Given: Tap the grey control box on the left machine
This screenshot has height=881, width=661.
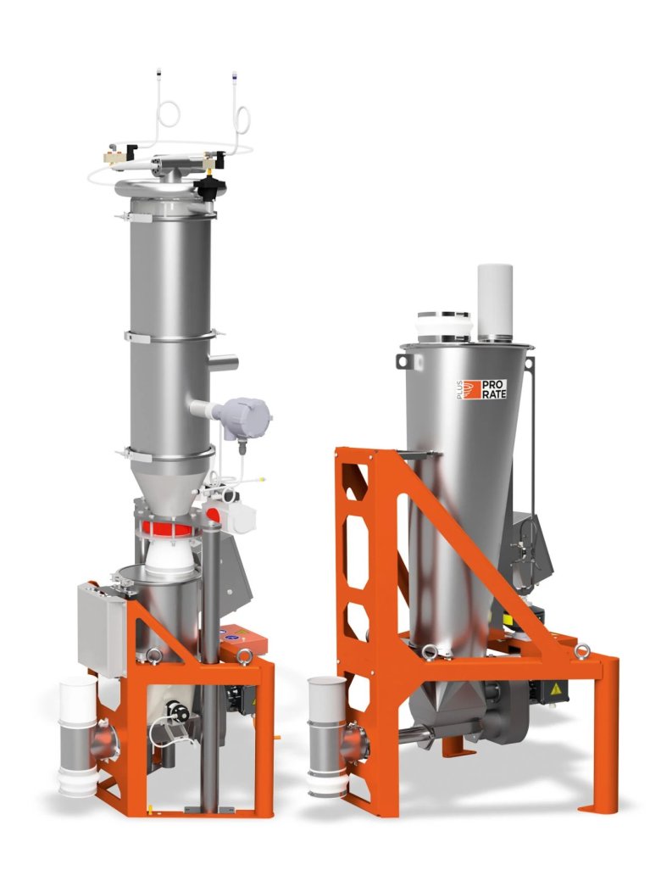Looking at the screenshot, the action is pos(102,628).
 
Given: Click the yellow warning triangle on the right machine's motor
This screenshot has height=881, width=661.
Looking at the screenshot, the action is pos(557,689).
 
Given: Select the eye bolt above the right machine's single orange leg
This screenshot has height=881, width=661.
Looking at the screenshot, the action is pos(582,650).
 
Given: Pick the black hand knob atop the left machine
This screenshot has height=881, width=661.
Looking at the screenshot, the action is pos(205,187).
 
